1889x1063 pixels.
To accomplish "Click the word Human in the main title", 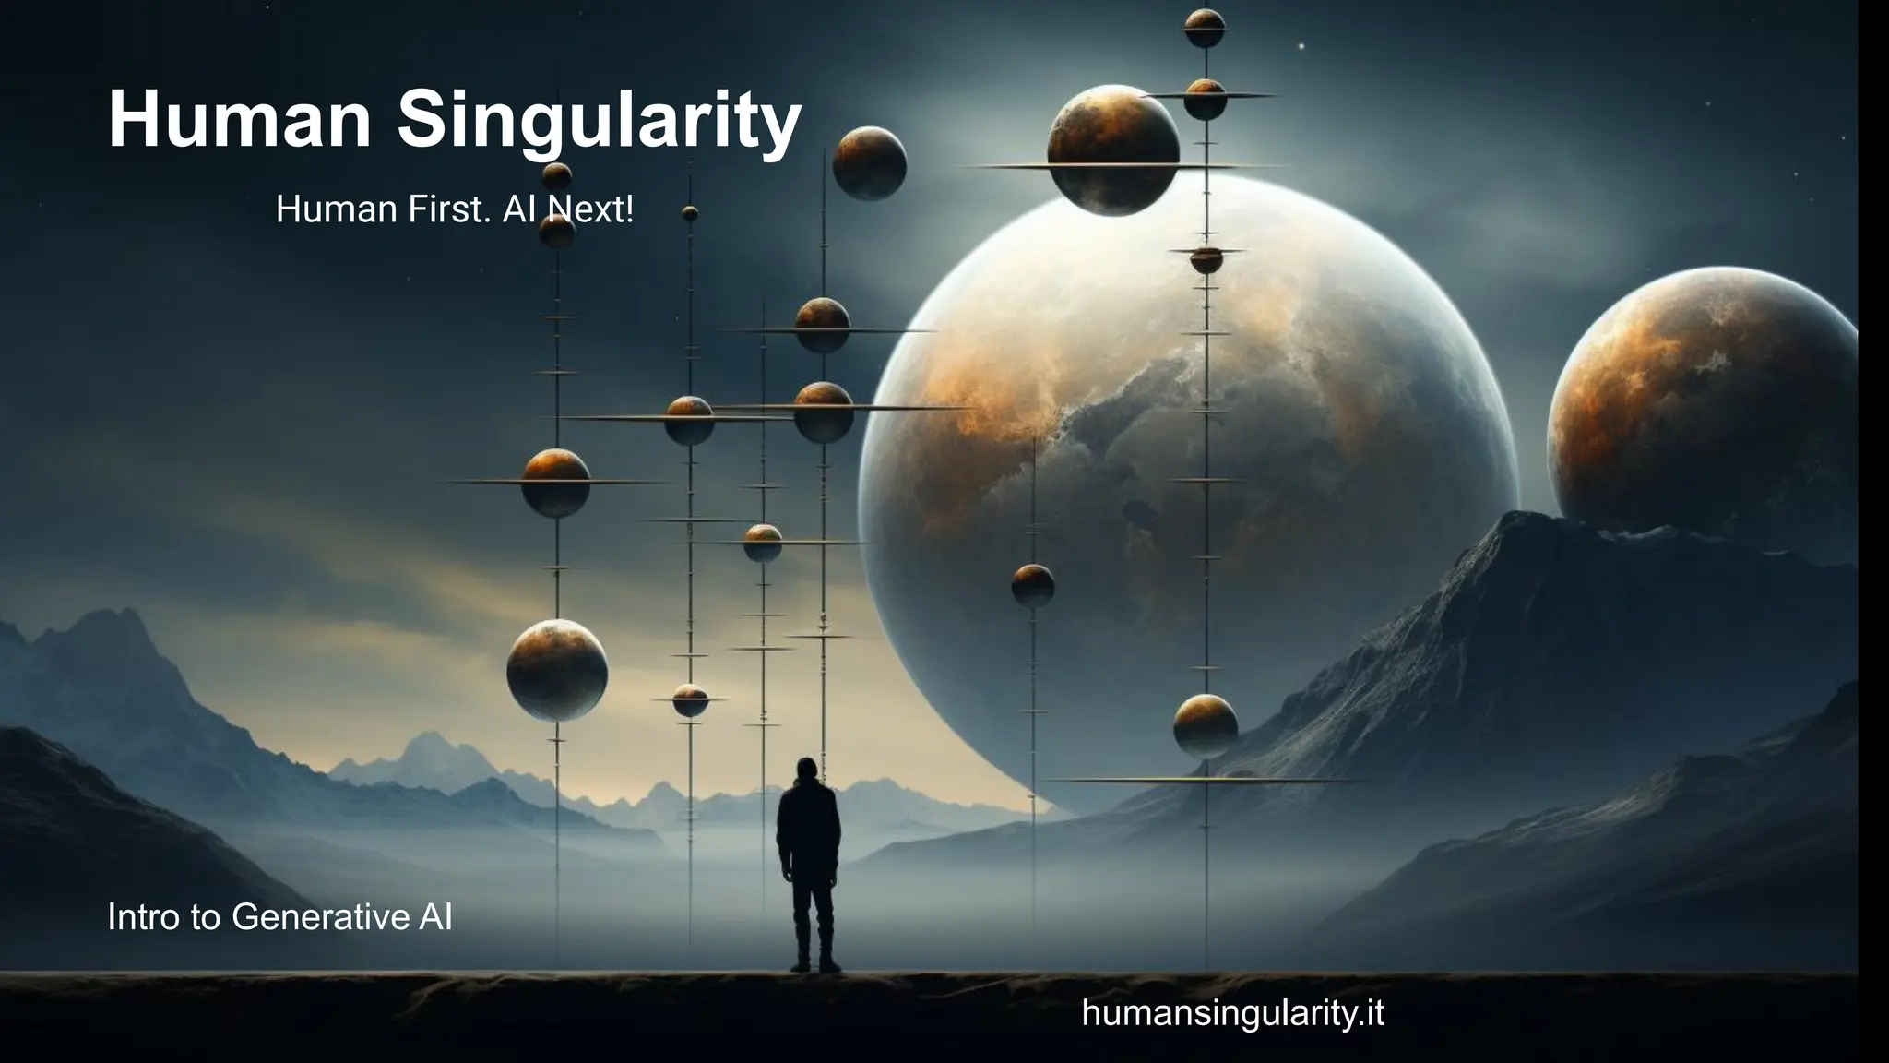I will coord(239,120).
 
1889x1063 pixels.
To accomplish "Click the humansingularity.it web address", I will coord(1232,1013).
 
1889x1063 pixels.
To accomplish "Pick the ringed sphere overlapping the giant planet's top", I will coord(1113,150).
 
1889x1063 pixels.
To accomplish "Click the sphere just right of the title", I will coord(869,163).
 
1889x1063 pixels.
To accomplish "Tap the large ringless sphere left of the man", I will coord(557,670).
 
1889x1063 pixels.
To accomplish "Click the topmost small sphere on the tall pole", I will coord(1205,28).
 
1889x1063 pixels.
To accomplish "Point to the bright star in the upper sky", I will coord(1301,46).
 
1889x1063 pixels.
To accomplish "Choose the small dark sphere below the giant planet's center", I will coord(1033,585).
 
